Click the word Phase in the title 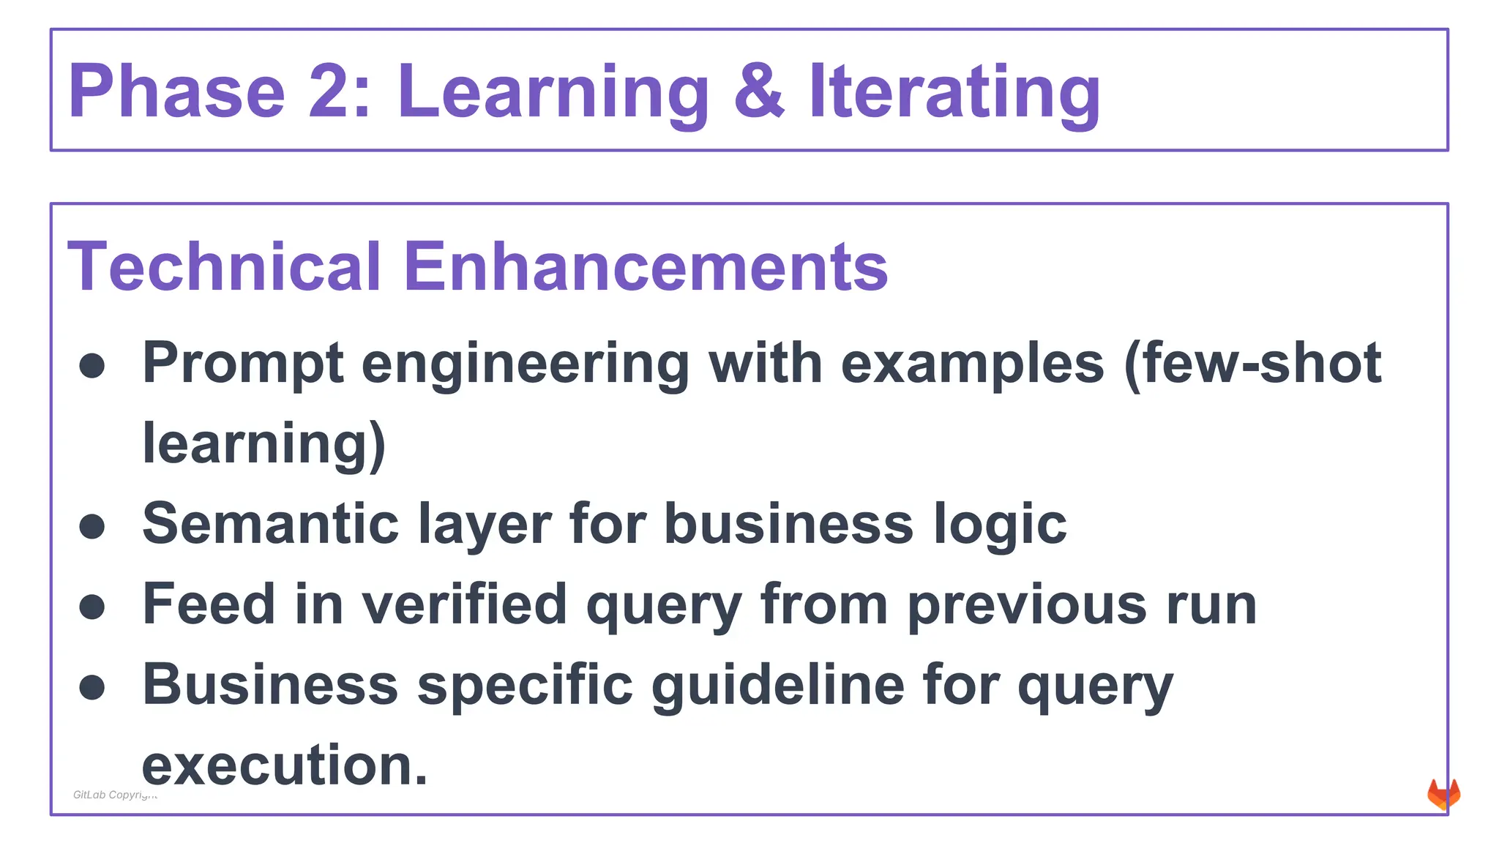point(176,91)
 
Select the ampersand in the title point(759,91)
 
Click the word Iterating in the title point(954,93)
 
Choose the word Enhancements point(646,266)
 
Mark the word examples point(972,364)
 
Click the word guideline point(778,685)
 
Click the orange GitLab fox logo point(1443,795)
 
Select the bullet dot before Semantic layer point(92,526)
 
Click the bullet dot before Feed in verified point(92,607)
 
